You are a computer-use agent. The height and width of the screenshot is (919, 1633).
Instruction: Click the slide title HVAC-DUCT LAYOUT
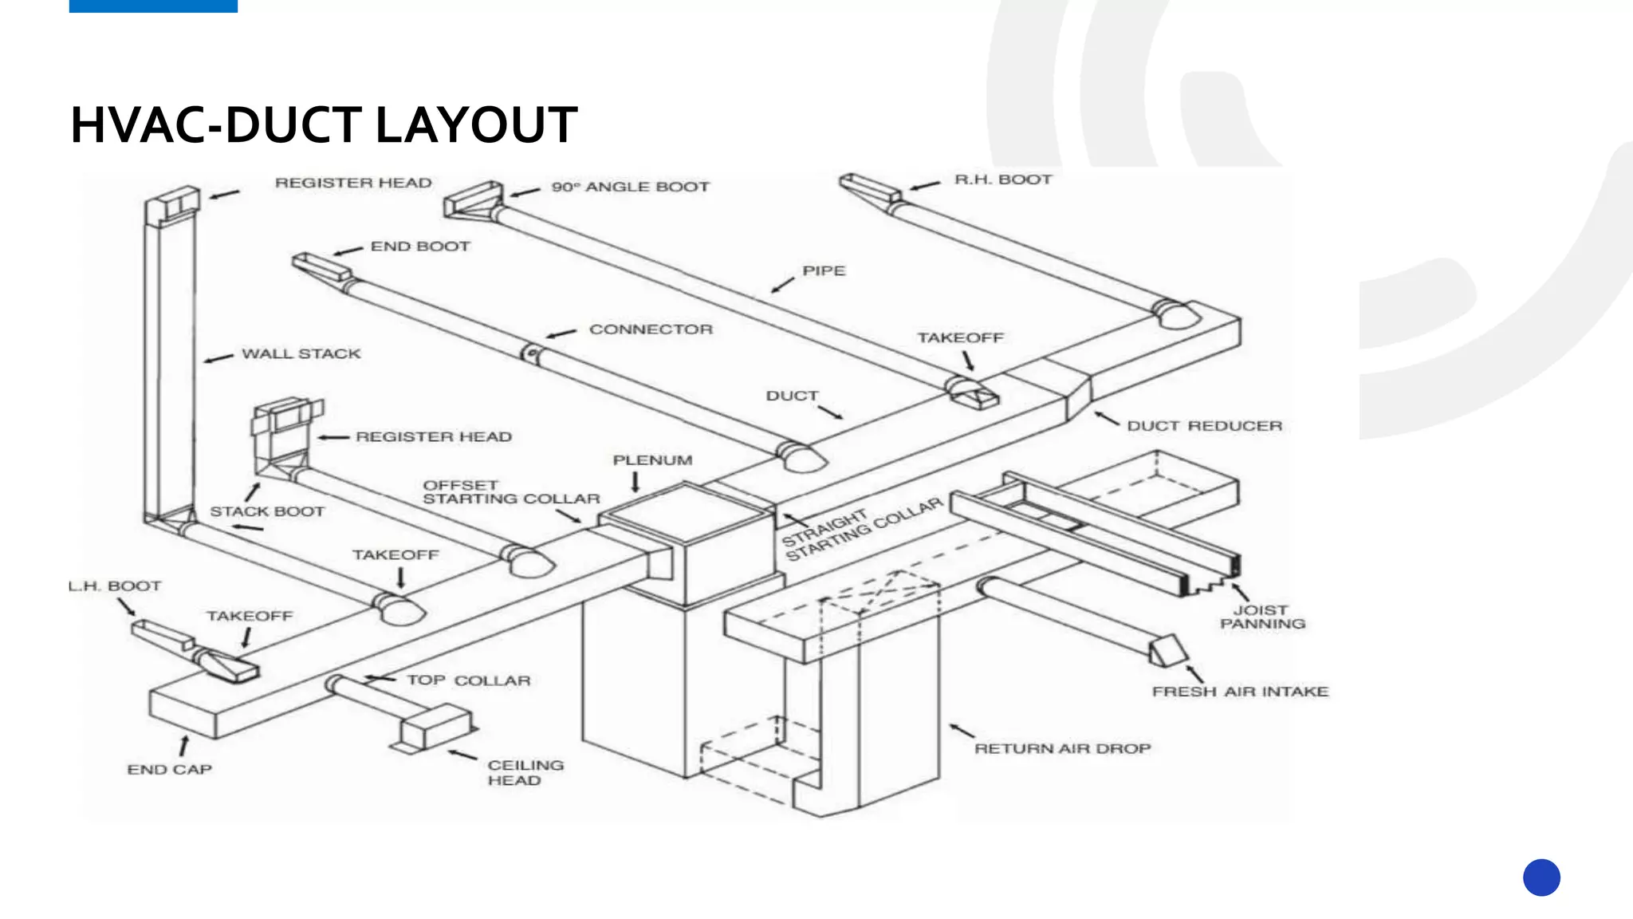point(323,125)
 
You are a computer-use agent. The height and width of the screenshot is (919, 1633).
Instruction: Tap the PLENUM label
point(652,460)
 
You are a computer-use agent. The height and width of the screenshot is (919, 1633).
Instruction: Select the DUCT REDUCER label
point(1204,426)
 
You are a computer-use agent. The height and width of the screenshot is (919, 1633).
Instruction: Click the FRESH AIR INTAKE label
point(1240,692)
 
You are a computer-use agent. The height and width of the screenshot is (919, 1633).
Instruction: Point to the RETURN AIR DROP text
point(1062,748)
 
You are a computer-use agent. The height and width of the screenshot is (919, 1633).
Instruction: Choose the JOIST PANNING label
point(1262,617)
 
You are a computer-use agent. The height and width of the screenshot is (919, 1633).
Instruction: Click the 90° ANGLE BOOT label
point(630,187)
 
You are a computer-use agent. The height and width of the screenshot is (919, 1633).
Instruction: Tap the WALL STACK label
point(301,353)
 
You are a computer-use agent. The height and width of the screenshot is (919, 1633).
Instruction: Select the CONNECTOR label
point(651,329)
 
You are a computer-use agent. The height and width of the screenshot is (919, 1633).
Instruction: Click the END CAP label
point(169,770)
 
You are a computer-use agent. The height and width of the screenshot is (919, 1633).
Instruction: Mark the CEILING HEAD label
point(525,772)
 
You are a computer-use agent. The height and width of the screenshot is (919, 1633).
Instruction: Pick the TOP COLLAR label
point(468,680)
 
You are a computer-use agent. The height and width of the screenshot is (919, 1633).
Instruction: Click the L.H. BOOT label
point(115,586)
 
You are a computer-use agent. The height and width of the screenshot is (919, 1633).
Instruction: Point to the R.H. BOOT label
point(1003,179)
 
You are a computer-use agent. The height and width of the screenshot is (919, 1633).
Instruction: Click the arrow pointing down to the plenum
point(635,482)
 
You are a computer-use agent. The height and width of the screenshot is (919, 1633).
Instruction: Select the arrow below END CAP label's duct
point(184,745)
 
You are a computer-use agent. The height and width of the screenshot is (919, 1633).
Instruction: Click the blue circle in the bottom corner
point(1541,878)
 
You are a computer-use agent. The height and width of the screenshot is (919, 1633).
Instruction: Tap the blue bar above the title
point(153,6)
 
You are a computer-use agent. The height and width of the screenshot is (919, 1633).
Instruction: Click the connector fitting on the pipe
point(530,353)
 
